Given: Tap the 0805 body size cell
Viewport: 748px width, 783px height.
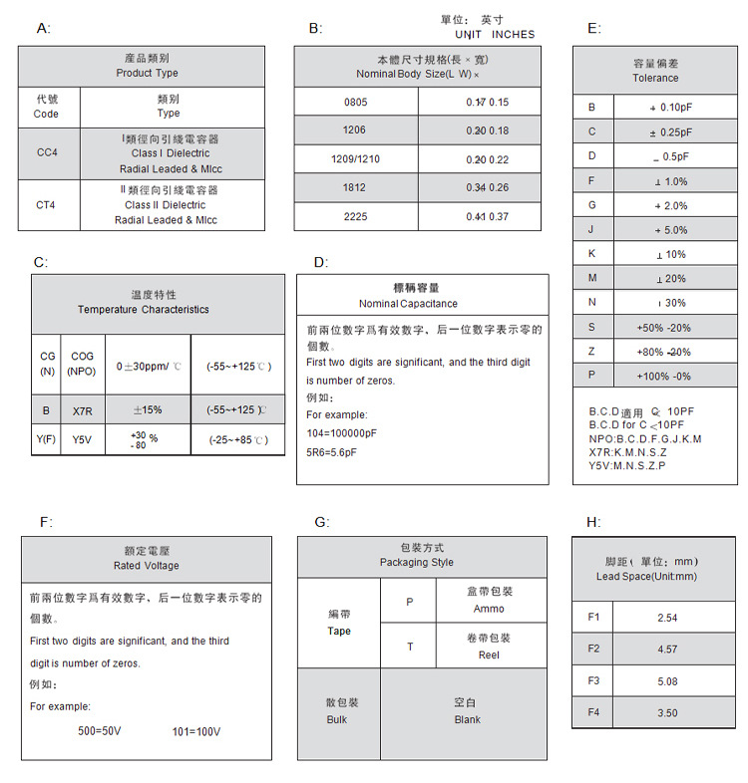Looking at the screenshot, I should tap(355, 102).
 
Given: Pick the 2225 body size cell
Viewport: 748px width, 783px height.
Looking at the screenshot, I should tap(355, 216).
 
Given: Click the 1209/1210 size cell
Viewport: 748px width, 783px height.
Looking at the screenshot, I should tap(355, 159).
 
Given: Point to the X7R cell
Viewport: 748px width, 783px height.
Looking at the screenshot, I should tap(82, 409).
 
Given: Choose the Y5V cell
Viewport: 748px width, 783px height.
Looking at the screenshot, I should tap(82, 439).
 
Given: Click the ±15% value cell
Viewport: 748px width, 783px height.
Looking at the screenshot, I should tap(148, 409).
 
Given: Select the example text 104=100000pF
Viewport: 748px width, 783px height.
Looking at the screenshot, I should tap(342, 433).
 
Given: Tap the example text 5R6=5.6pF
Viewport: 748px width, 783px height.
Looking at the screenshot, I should tap(331, 452).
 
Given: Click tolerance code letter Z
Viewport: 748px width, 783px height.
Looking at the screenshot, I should tap(591, 352).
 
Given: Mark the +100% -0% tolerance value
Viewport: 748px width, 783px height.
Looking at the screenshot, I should tap(663, 376).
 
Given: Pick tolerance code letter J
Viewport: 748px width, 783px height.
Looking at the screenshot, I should tap(591, 230).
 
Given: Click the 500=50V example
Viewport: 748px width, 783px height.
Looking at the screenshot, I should tap(100, 731).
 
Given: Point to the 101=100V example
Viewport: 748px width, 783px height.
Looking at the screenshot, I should tap(196, 731).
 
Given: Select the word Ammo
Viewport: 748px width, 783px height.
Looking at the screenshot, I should tap(489, 609).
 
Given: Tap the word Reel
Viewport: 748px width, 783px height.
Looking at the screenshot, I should tap(489, 654).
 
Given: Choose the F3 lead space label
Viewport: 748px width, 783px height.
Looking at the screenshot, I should tap(593, 681).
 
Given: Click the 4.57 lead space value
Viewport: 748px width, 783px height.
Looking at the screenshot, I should tap(667, 650).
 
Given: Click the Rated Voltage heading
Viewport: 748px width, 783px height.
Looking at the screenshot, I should tap(147, 566).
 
